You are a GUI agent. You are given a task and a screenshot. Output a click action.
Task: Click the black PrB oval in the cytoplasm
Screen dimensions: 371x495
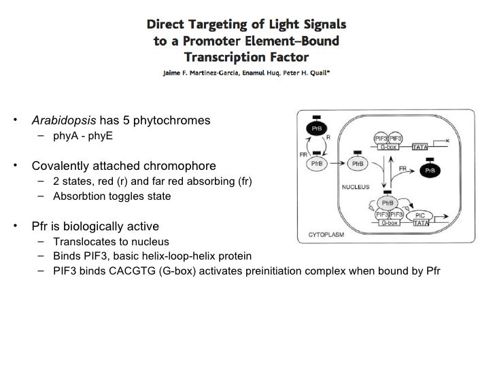click(315, 128)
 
